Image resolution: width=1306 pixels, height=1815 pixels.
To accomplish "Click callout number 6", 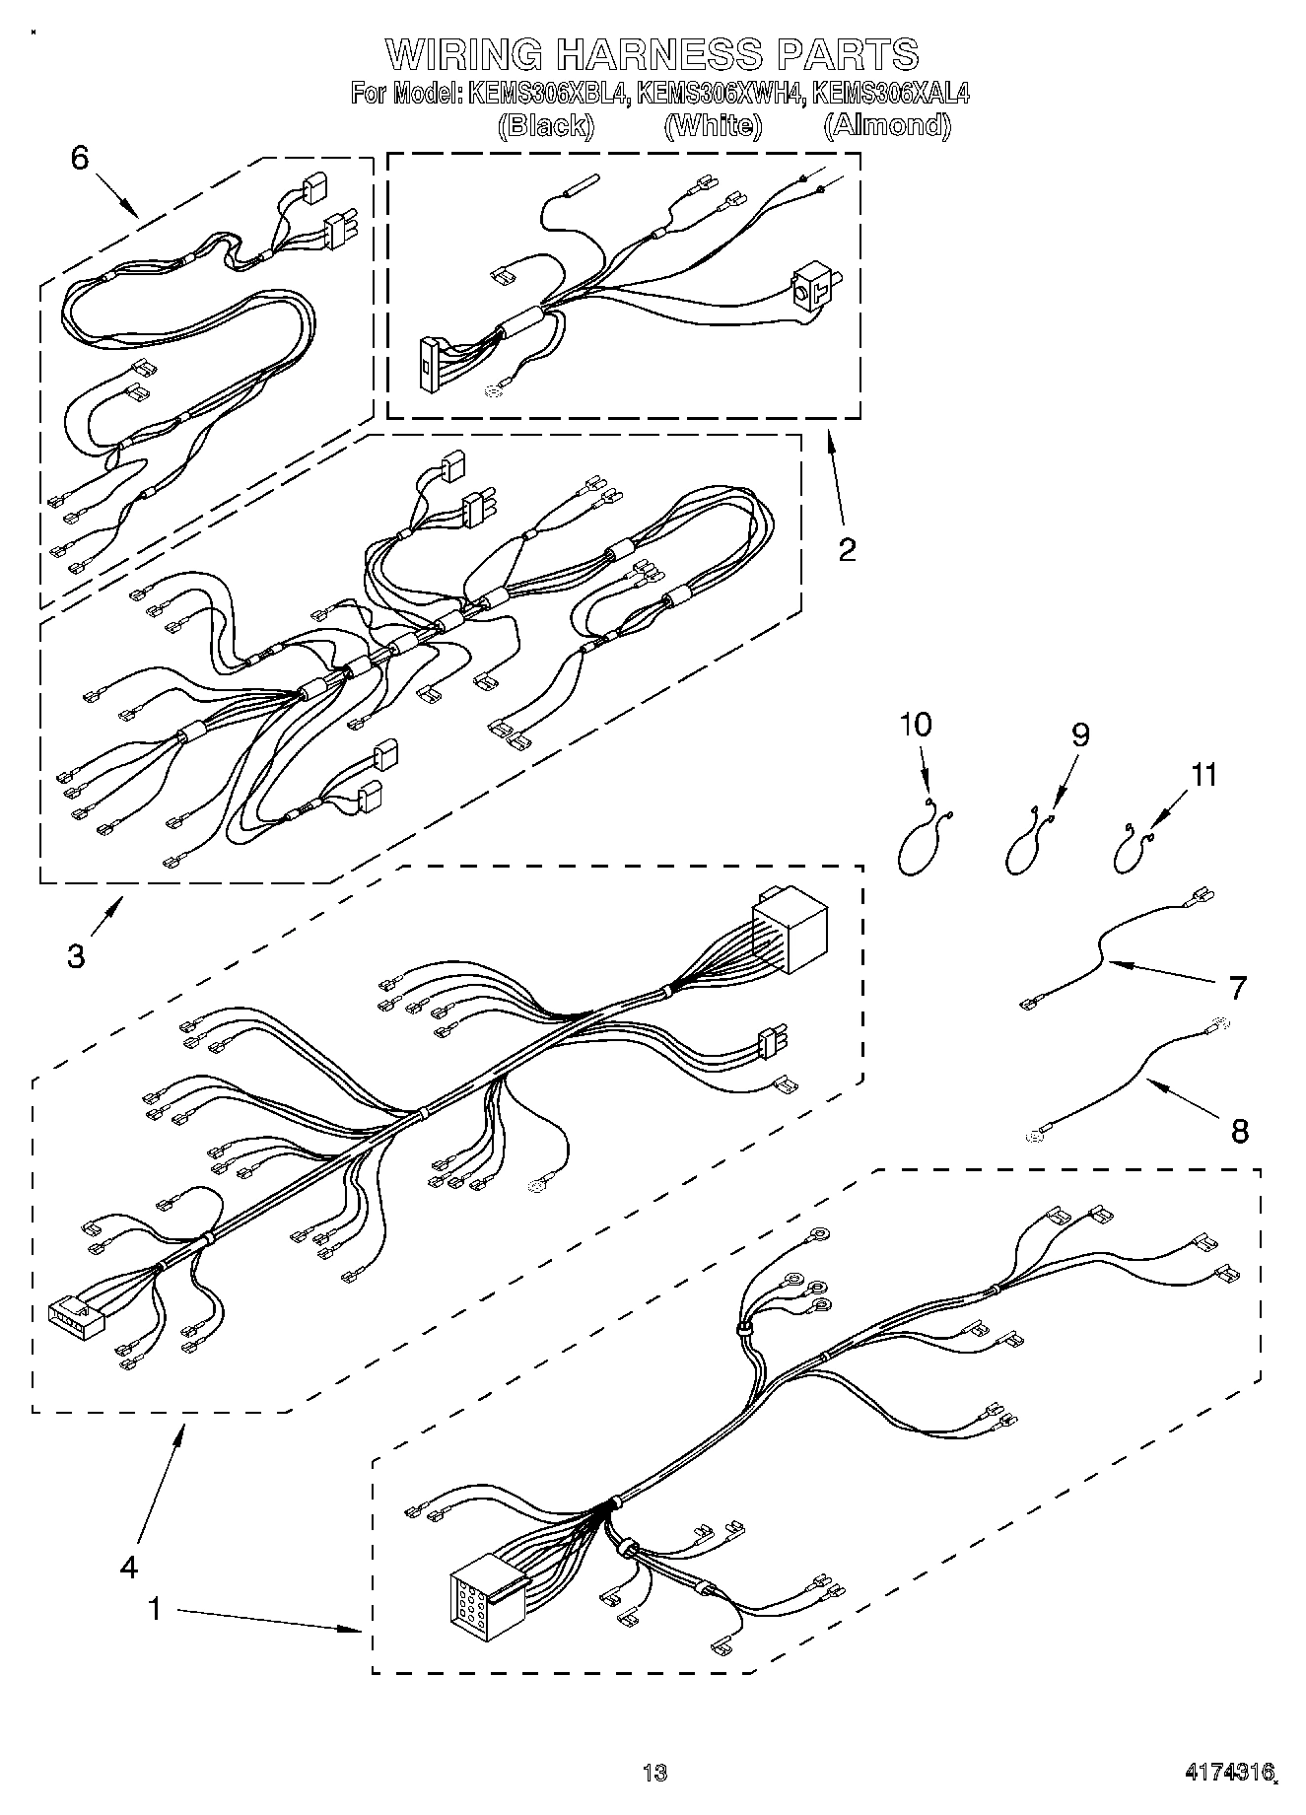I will [80, 158].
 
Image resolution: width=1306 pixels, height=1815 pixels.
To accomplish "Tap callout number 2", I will [846, 549].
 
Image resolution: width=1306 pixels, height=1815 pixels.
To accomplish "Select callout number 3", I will [76, 955].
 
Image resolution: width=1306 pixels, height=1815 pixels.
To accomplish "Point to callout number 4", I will [129, 1567].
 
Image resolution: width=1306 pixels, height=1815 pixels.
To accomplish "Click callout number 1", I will [154, 1608].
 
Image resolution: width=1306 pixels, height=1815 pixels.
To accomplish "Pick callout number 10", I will [915, 725].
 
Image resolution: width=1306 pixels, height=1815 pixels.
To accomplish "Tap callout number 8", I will [1239, 1130].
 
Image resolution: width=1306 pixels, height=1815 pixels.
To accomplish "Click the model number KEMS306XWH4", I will [720, 94].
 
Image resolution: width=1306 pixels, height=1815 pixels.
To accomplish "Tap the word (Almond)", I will [887, 125].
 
